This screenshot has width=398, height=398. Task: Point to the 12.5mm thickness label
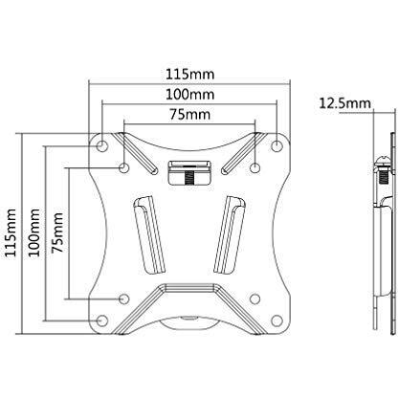tap(342, 102)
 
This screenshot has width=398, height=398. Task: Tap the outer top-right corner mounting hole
tap(276, 145)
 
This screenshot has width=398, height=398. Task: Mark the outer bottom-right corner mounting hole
tap(276, 320)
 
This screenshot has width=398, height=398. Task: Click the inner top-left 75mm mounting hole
tap(125, 167)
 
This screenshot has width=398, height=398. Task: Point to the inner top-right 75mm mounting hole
tap(254, 167)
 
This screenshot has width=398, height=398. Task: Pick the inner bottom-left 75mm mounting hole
tap(125, 298)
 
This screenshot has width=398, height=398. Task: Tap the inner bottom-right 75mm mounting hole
tap(254, 298)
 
